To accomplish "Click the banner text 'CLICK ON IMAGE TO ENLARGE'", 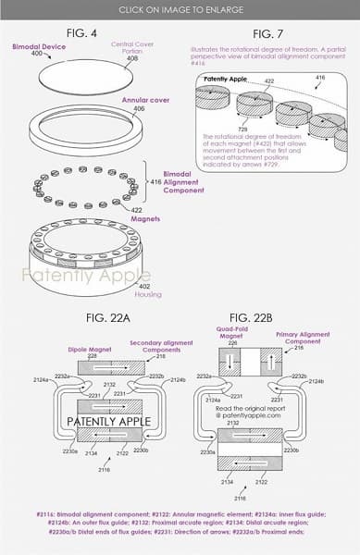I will pos(180,8).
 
